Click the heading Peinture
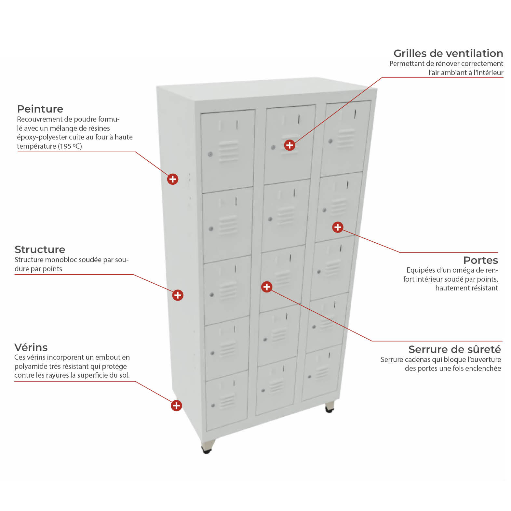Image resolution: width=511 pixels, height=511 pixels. pos(40,109)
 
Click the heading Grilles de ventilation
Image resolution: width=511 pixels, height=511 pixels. pos(448,53)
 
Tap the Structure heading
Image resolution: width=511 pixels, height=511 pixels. pos(40,249)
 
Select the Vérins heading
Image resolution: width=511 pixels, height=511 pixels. pos(31,347)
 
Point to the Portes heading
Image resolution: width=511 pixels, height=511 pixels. pos(481,260)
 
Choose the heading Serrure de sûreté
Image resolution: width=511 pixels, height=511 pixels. pos(455,349)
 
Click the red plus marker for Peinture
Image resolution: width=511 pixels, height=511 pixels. pos(173,179)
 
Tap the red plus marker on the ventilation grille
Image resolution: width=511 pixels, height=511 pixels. pos(289,145)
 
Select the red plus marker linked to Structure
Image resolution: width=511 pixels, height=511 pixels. pos(178,295)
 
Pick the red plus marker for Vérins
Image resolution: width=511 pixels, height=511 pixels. pos(176,406)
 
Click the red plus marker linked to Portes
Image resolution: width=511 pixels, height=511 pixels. pos(338,227)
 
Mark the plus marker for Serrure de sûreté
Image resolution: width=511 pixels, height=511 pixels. pos(267,287)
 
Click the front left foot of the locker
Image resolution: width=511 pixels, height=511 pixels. pos(208,446)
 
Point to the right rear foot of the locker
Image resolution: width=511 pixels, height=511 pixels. pos(330,407)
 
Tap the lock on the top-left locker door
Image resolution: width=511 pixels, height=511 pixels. pos(210,154)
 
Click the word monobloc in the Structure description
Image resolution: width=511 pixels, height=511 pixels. pos(60,260)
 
